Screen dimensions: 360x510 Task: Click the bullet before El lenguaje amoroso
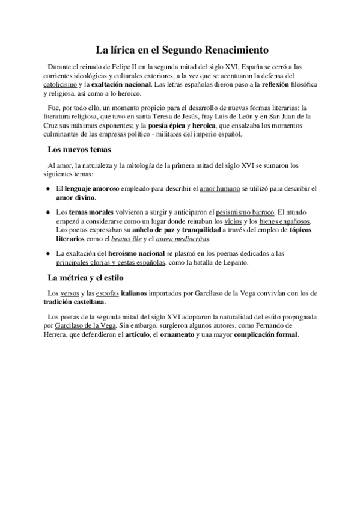pos(49,189)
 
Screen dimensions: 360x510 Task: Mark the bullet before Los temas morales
pos(49,212)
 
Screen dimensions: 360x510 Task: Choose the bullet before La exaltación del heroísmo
pos(49,254)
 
